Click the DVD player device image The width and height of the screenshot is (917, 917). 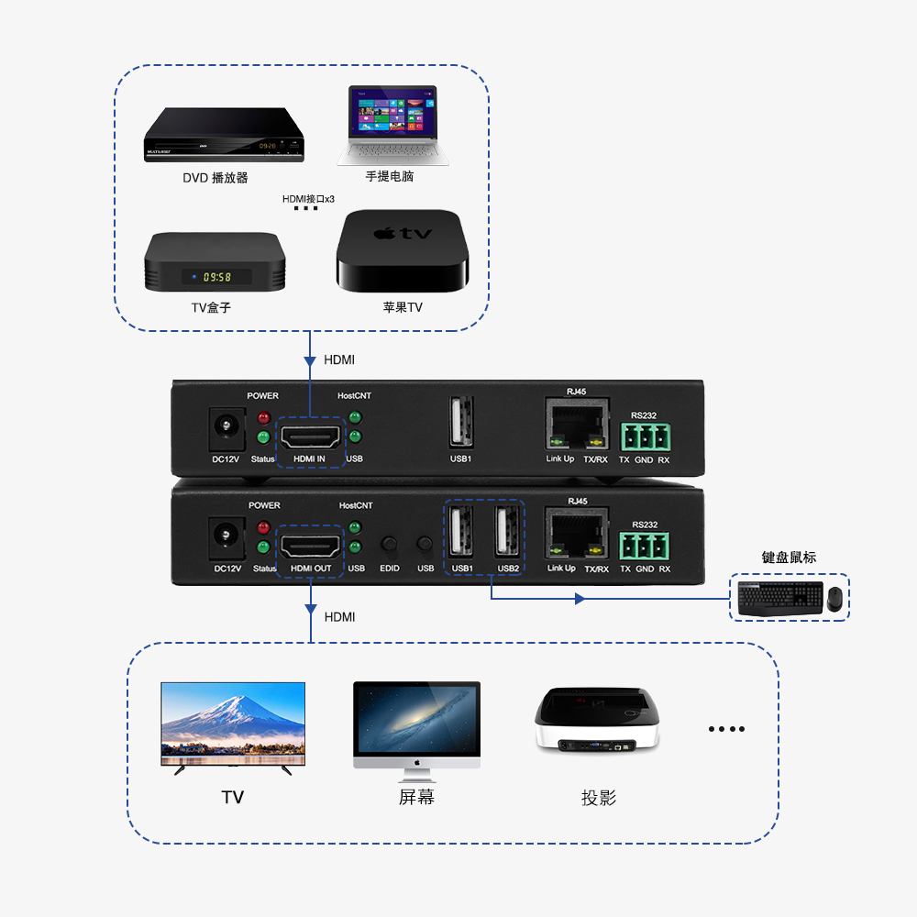[x=224, y=136]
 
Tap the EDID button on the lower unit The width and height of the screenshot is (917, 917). [x=390, y=546]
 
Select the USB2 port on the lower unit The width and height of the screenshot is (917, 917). [x=508, y=533]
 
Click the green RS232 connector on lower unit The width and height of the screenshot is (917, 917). [x=645, y=547]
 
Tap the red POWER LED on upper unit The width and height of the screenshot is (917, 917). [x=263, y=418]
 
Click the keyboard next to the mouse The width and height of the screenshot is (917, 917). [x=779, y=598]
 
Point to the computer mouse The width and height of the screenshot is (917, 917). [x=834, y=599]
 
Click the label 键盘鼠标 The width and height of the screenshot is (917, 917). [x=789, y=558]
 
